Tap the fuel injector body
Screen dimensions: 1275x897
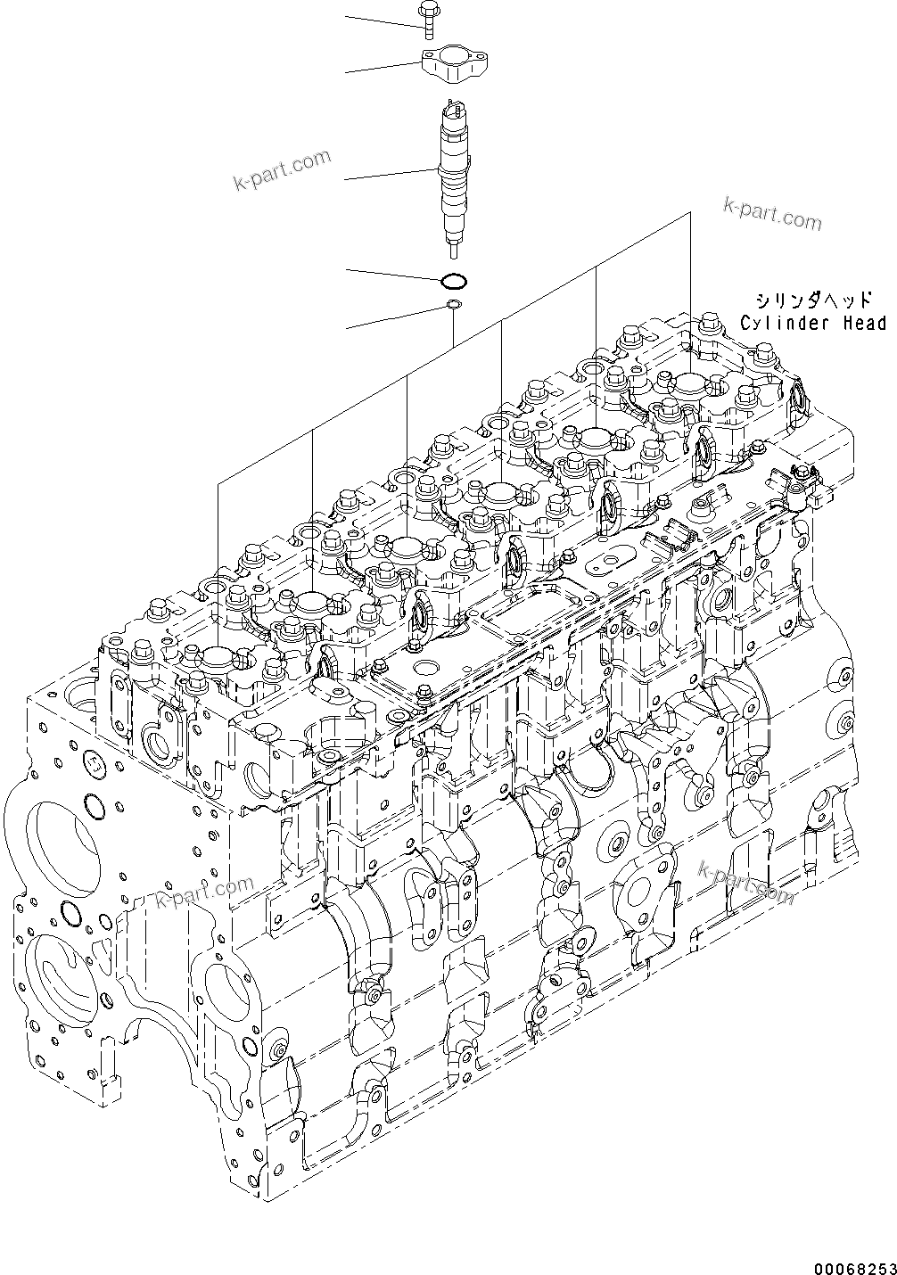pos(453,169)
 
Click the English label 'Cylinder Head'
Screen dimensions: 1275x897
pos(812,323)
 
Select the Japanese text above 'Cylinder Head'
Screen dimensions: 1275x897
pos(812,300)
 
